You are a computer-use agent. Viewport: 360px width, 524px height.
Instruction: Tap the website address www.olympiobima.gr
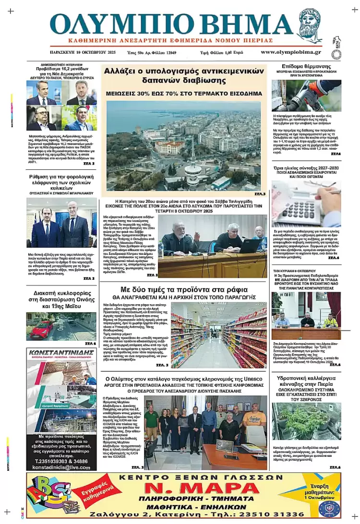pyautogui.click(x=291, y=52)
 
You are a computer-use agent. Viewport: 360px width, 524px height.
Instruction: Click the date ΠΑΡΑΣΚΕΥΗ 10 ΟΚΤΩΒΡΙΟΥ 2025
pyautogui.click(x=83, y=52)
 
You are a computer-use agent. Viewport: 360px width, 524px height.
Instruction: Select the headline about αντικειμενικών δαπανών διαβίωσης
pyautogui.click(x=184, y=76)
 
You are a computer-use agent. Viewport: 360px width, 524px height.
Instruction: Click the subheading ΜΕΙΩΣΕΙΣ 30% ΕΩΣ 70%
pyautogui.click(x=184, y=93)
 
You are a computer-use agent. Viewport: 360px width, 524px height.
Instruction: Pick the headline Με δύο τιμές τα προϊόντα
pyautogui.click(x=184, y=290)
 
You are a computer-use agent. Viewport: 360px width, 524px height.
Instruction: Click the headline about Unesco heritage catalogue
pyautogui.click(x=184, y=379)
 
